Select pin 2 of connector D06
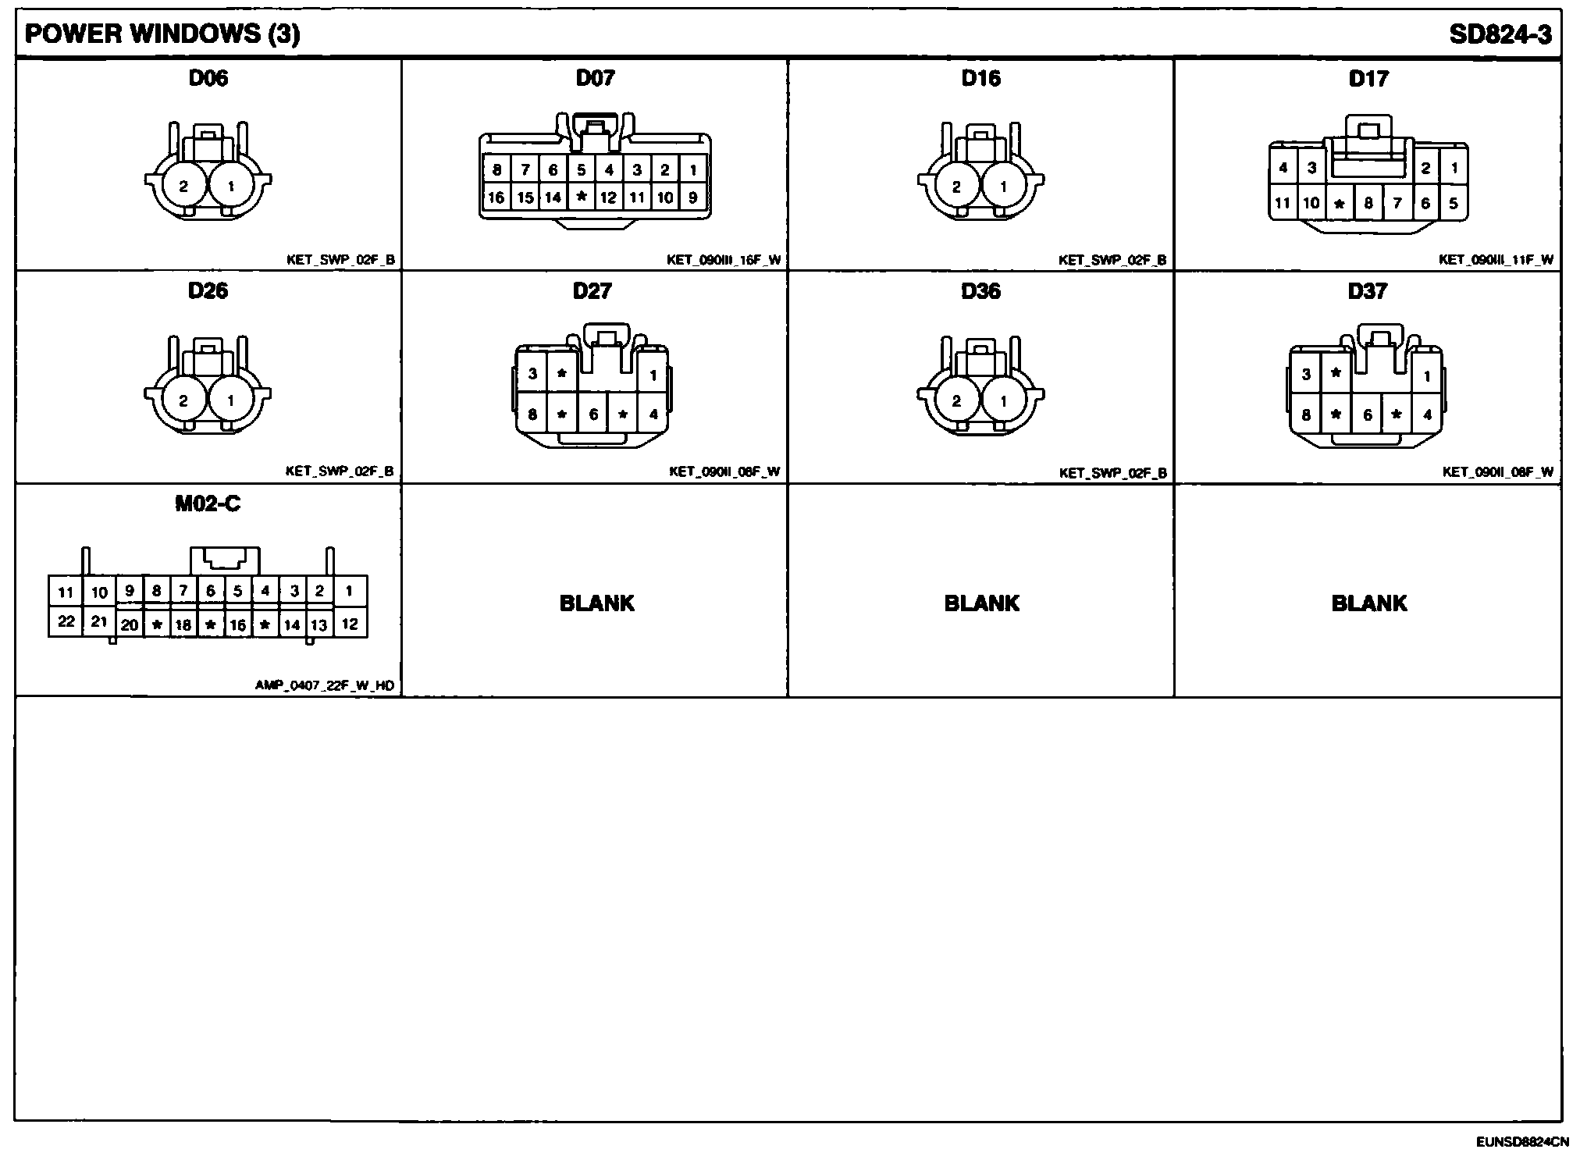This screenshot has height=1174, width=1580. (183, 187)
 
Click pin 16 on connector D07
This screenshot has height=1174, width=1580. (496, 197)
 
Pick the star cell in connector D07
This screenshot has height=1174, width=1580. (581, 197)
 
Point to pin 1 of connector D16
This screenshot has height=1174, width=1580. (1004, 187)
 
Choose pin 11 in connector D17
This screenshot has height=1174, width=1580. (1283, 204)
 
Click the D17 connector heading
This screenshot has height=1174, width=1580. (1368, 78)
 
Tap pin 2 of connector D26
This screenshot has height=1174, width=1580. (183, 400)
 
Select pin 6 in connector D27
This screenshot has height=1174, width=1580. (593, 414)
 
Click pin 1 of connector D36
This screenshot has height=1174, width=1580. (1004, 401)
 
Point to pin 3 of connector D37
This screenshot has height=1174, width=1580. (1306, 375)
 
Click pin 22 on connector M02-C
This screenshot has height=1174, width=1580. (66, 622)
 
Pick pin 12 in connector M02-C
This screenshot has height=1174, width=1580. (350, 624)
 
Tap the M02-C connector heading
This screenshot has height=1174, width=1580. (208, 504)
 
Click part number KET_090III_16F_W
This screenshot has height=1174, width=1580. (724, 260)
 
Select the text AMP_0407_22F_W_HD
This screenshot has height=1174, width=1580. (325, 686)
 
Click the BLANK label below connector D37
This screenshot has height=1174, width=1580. (1368, 603)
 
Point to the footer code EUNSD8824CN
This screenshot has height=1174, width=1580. (1521, 1142)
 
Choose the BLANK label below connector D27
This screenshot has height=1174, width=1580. (596, 603)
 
